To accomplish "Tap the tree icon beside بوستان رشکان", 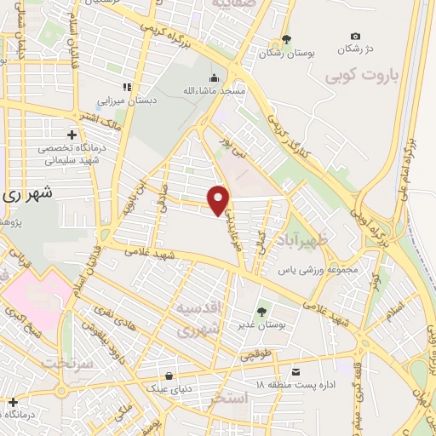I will click(x=287, y=38).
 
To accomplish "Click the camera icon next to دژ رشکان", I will click(x=355, y=36).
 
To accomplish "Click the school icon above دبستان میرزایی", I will click(x=127, y=87).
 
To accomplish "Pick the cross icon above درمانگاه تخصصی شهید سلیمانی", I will click(x=72, y=135).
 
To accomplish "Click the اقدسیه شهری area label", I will click(x=201, y=316).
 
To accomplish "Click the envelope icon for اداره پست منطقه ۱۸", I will click(x=295, y=372).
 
